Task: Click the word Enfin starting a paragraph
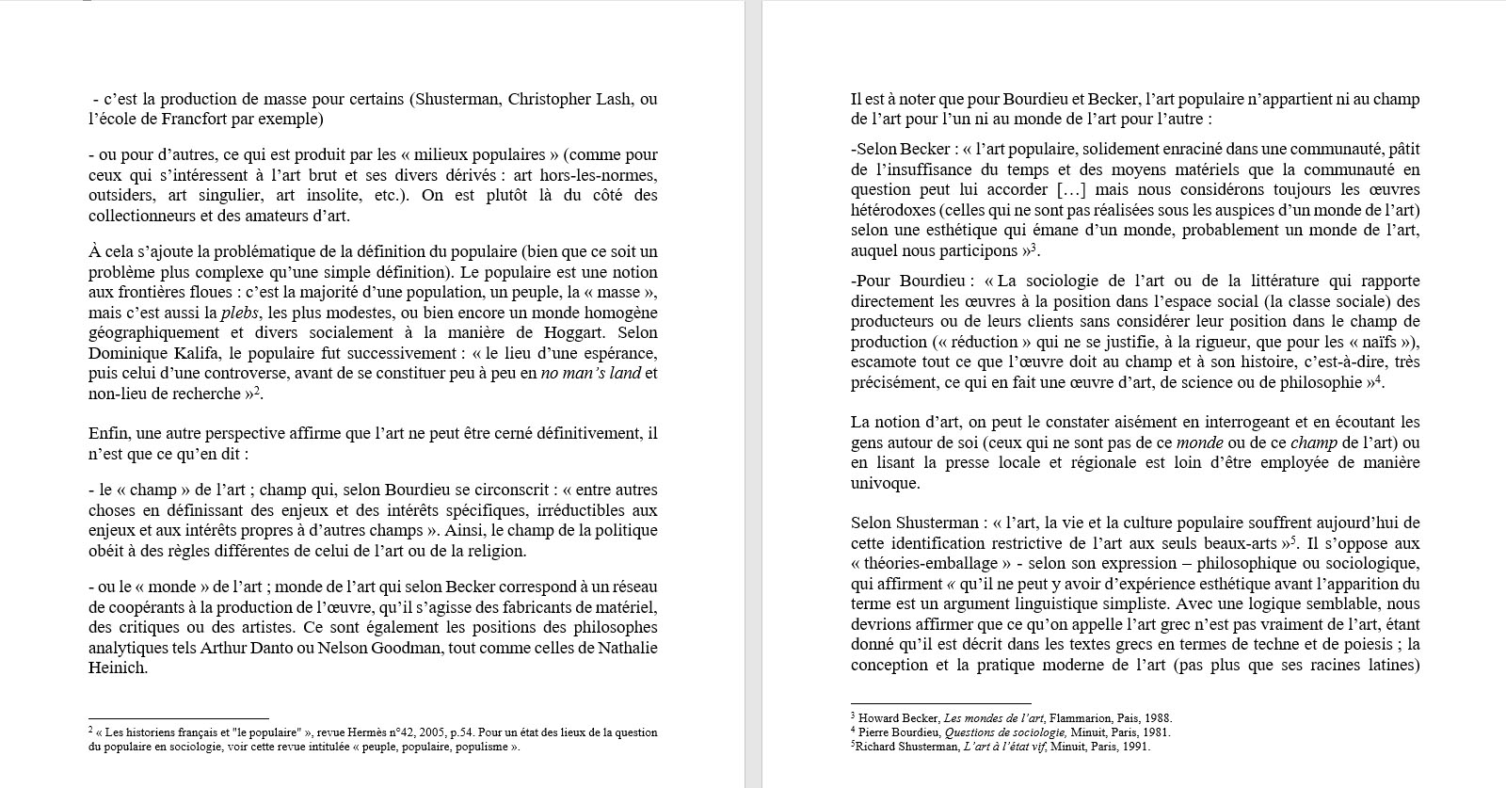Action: click(108, 433)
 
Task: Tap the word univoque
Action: click(885, 484)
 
